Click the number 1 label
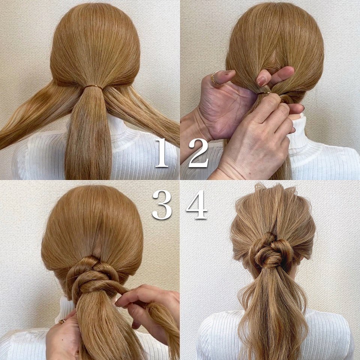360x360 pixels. click(162, 153)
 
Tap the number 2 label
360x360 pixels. click(198, 153)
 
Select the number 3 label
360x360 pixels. click(162, 205)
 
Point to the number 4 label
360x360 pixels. click(197, 204)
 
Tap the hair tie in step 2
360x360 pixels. click(264, 93)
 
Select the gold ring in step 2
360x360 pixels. click(215, 78)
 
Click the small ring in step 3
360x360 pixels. click(62, 321)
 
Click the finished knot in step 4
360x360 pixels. click(271, 251)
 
